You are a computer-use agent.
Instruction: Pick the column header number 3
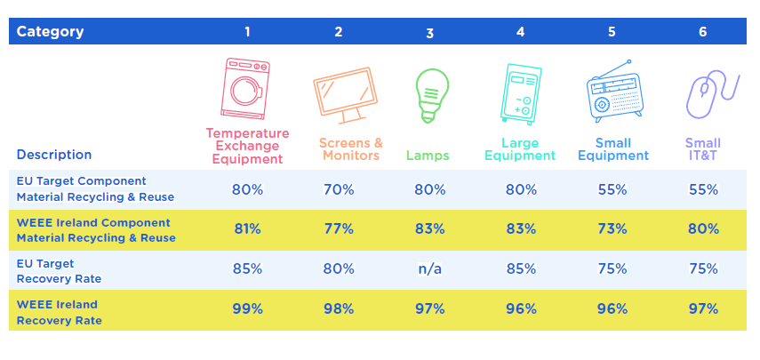point(429,33)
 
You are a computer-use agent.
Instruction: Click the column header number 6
point(703,32)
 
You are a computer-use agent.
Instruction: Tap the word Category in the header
point(50,32)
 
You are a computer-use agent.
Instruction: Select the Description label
point(54,155)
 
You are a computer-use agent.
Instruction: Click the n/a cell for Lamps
point(430,269)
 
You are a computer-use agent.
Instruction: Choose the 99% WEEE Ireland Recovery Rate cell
point(247,309)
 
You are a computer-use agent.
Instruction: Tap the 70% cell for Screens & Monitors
point(339,189)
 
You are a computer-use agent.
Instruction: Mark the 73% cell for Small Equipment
point(612,228)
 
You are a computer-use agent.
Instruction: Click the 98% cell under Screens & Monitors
point(339,309)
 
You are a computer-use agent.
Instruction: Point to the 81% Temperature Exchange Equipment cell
point(247,228)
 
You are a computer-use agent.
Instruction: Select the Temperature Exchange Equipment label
point(247,146)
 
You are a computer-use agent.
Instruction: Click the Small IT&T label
point(703,149)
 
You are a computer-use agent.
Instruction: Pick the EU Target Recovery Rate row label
point(60,271)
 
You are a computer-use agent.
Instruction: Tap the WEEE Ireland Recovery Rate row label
point(60,313)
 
